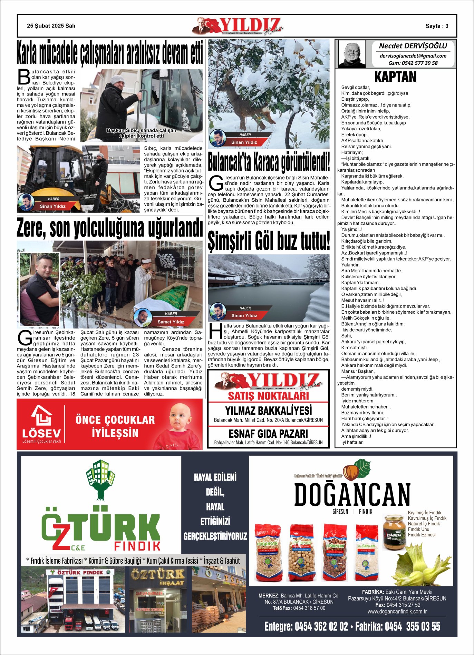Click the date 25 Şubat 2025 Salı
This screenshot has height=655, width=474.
coord(51,26)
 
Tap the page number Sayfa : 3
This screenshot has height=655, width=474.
coord(437,26)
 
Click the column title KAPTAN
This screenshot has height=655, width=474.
coord(395,77)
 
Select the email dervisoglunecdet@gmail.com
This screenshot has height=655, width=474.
coord(413,56)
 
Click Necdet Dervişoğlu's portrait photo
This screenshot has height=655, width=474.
coord(352,54)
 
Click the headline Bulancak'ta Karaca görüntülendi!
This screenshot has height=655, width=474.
coord(269,162)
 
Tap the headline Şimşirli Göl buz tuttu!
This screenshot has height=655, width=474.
coord(269,241)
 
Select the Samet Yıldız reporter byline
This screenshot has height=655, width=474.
coord(171,322)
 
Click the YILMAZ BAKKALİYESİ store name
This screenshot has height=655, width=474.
coord(268,411)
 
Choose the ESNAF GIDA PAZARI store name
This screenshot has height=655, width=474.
coord(268,433)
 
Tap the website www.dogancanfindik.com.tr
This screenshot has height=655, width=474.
coord(397,612)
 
